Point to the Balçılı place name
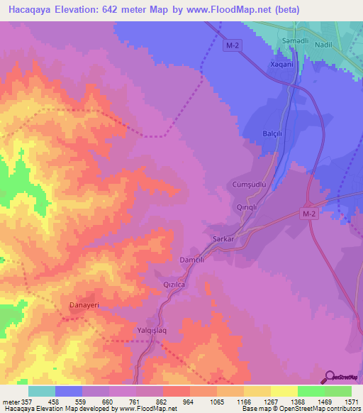pyautogui.click(x=273, y=133)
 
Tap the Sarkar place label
pyautogui.click(x=224, y=239)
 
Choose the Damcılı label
pyautogui.click(x=192, y=260)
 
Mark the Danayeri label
pyautogui.click(x=84, y=306)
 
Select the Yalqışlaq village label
pyautogui.click(x=151, y=331)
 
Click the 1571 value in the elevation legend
pyautogui.click(x=350, y=402)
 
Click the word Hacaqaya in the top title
pyautogui.click(x=32, y=10)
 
